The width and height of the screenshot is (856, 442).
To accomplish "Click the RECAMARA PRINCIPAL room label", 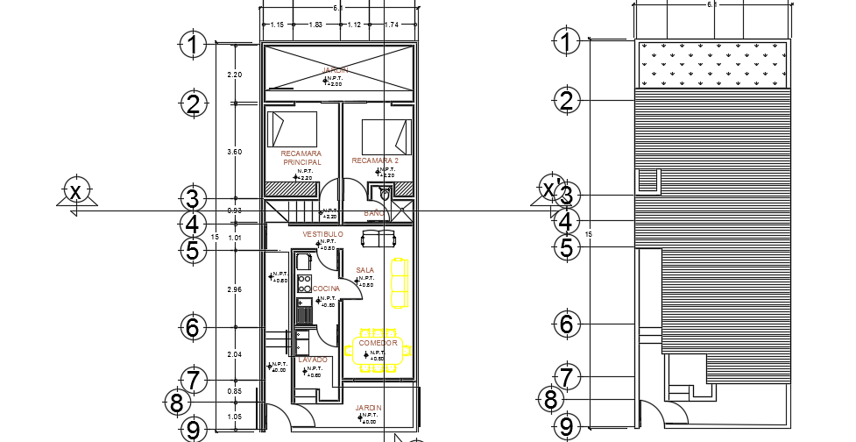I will click(x=301, y=158).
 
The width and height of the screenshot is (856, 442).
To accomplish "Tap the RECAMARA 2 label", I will click(x=375, y=161).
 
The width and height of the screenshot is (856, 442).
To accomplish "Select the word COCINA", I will click(x=326, y=289).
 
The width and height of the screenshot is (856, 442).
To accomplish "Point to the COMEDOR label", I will click(x=378, y=343).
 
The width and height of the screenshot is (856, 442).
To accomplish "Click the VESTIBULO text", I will click(x=322, y=235).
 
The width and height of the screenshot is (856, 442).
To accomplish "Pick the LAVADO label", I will click(x=313, y=360).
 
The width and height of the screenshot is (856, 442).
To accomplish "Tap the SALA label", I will click(x=365, y=270).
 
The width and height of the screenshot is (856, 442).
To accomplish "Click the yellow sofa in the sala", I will click(x=398, y=282).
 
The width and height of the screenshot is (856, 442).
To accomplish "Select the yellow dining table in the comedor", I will click(x=378, y=351).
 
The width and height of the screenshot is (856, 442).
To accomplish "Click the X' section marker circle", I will click(x=548, y=189).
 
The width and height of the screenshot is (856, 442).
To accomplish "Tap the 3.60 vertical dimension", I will click(x=234, y=153).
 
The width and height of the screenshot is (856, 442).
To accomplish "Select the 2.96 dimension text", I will click(x=234, y=289).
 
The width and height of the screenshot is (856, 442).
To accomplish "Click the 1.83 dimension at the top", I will click(x=315, y=25).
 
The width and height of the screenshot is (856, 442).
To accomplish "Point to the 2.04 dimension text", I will click(x=234, y=355).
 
